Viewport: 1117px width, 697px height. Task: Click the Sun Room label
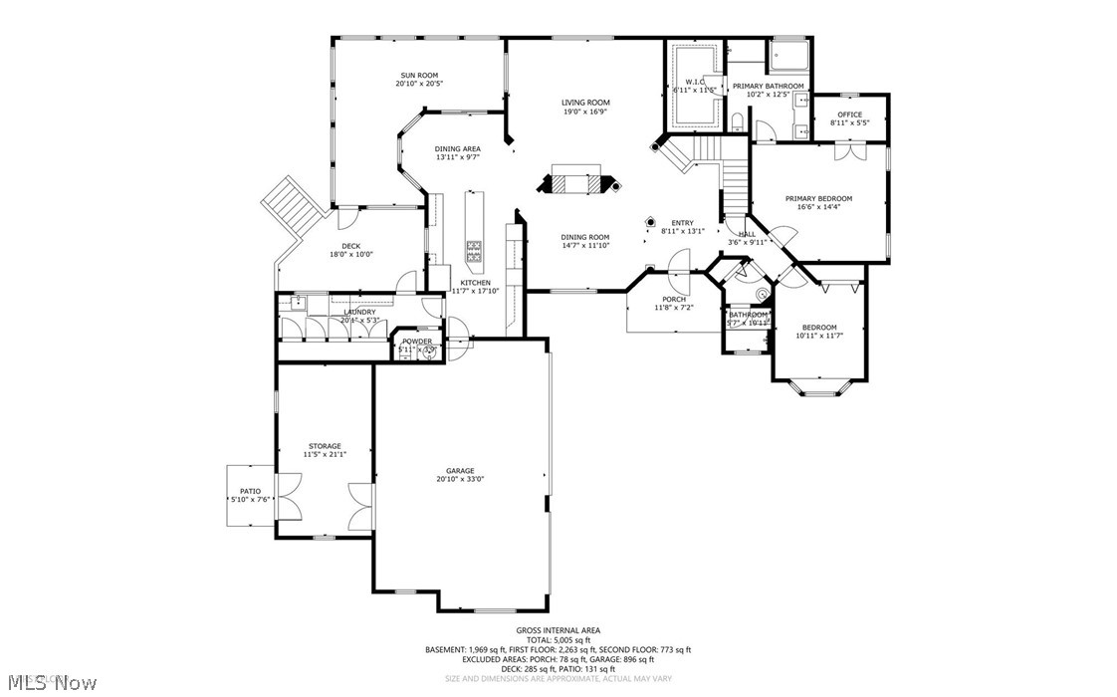(419, 76)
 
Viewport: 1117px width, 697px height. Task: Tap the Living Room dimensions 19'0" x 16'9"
(585, 112)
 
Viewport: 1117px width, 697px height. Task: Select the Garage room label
(460, 471)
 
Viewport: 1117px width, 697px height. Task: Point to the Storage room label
(325, 446)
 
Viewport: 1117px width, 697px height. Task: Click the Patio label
(250, 491)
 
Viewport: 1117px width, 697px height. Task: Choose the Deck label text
(350, 245)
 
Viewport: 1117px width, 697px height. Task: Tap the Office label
(849, 115)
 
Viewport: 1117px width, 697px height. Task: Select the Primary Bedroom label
(818, 198)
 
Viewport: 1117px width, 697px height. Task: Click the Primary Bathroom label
(768, 87)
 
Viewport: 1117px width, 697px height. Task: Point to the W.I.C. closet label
(693, 82)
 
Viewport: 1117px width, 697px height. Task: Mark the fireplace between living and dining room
(577, 183)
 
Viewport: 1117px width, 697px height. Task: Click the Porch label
(674, 299)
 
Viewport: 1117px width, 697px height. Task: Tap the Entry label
(682, 223)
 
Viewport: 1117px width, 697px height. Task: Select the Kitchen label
(475, 283)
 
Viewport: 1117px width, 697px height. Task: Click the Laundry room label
(359, 312)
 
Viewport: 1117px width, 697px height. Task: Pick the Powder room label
(417, 342)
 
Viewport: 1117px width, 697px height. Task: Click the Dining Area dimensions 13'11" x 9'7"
(457, 157)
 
